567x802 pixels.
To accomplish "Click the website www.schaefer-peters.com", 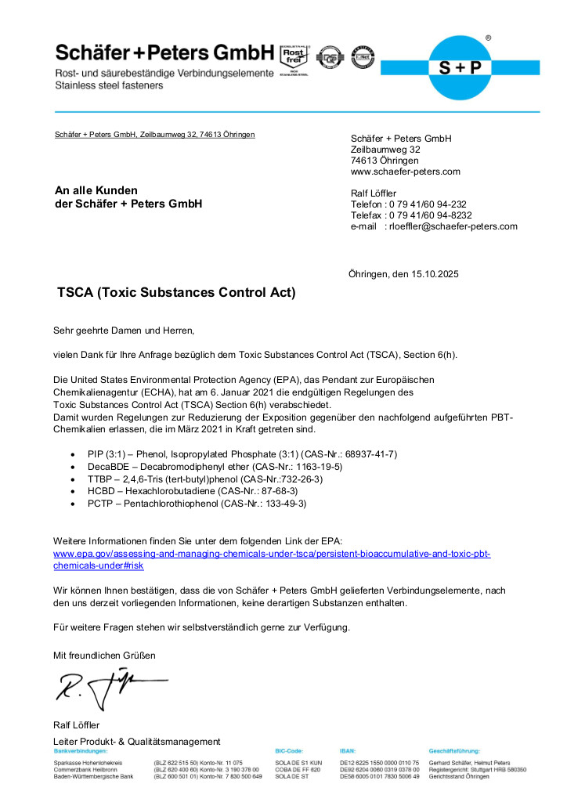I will tap(405, 172).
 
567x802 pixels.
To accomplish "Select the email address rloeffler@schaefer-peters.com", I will tap(450, 226).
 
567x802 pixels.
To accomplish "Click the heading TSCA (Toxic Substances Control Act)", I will tap(176, 294).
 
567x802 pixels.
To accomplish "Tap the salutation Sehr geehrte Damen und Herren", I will tap(123, 331).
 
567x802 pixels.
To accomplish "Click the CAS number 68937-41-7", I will tap(366, 453).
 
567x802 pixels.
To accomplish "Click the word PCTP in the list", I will tap(100, 504).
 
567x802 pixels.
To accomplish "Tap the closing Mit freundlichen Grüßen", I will tap(104, 655).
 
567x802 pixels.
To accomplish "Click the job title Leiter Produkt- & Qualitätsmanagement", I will tap(136, 742).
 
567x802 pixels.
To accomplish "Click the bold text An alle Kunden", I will tap(96, 190).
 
